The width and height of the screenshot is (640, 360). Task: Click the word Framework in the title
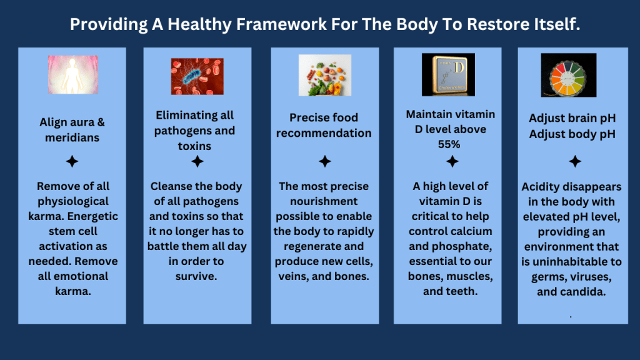(281, 24)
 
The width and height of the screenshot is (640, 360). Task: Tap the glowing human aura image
(73, 75)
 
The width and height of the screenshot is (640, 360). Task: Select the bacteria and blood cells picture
(197, 76)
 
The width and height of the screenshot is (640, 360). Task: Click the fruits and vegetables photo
(325, 76)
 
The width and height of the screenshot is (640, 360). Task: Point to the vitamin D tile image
(448, 75)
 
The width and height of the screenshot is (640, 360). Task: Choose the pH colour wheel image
(569, 75)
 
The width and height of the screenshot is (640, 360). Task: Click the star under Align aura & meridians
(72, 161)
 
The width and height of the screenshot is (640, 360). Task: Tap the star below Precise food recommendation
(325, 161)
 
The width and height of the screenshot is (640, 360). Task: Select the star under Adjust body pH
(575, 161)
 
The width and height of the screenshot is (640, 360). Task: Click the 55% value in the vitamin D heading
(449, 144)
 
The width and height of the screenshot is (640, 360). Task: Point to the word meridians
(72, 137)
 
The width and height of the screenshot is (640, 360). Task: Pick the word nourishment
(324, 201)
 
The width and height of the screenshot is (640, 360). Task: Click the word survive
(196, 276)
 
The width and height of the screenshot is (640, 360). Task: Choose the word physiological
(73, 202)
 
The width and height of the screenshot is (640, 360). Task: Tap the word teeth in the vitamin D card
(463, 291)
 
